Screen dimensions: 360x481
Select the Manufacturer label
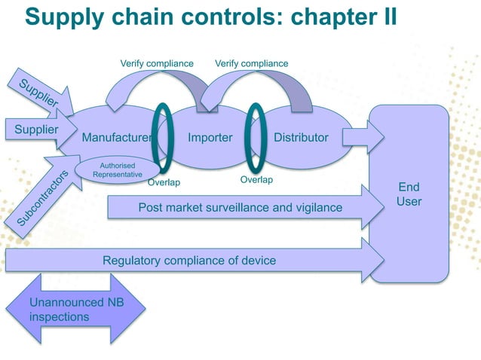[x=117, y=138]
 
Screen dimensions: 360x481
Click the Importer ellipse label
[x=210, y=138]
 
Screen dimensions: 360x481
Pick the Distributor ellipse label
[x=301, y=138]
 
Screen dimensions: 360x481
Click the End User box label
[x=409, y=194]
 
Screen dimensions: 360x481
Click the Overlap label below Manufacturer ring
[x=164, y=182]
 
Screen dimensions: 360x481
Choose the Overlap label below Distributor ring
[x=256, y=180]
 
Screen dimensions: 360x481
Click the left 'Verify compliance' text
[x=157, y=63]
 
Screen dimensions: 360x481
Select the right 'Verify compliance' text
[x=251, y=63]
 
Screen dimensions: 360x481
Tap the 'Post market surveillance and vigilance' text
[x=240, y=207]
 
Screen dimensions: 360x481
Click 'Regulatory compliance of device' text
[x=189, y=261]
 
